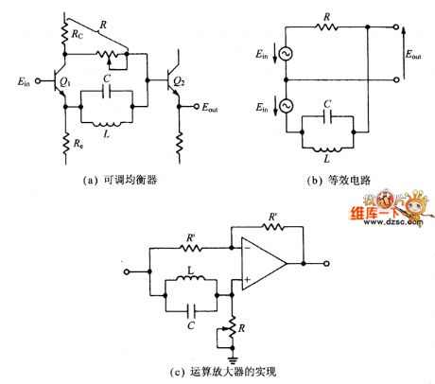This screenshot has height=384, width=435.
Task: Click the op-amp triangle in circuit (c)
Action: coord(260,268)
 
